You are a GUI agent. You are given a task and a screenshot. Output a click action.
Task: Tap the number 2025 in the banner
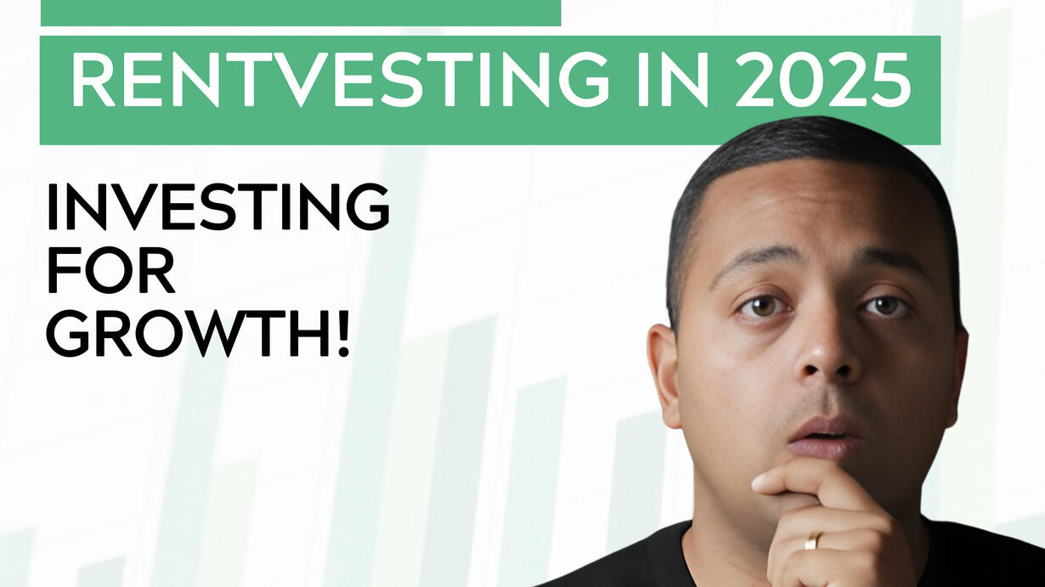pos(822,79)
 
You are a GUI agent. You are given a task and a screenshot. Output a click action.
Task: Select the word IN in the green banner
pos(673,79)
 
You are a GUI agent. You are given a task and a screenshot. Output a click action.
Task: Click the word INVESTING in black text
pos(217,206)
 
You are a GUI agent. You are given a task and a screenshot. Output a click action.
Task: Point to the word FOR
pos(111,270)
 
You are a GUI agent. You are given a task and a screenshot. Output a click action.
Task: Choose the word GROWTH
pos(186,333)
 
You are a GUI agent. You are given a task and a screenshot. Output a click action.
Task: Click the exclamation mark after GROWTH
pos(343,333)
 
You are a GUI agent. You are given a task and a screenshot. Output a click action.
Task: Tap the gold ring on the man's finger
pos(811,541)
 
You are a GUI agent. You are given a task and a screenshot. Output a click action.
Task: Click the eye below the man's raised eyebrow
pos(885,306)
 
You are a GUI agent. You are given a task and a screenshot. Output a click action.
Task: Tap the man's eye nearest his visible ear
pos(761,307)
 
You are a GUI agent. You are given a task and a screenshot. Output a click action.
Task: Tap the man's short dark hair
pos(802,144)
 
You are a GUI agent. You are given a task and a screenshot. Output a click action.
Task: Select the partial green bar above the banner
pos(301,13)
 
